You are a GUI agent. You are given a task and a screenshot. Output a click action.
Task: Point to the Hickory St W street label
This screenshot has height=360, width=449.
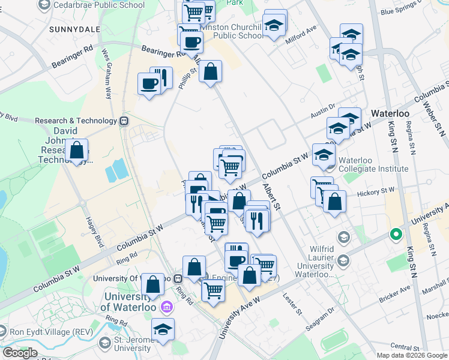coord(376,191)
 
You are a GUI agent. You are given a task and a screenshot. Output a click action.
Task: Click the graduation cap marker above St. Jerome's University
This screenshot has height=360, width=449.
coord(161,330)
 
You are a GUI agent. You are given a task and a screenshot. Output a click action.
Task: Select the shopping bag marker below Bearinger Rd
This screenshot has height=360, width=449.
coord(210,72)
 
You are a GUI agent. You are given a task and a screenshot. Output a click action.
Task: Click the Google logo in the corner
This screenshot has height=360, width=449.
coord(20,353)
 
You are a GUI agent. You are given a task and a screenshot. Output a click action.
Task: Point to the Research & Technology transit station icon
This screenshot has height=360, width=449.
coord(124,121)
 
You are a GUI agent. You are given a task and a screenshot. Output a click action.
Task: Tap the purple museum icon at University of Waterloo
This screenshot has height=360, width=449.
coord(167,308)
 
